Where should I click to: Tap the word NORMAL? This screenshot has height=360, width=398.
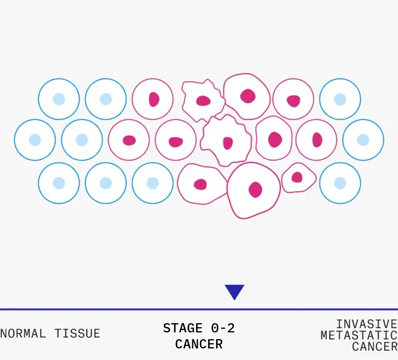coord(23,333)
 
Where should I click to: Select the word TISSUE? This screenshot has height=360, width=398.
coord(77,333)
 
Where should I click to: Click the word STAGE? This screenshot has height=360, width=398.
coord(183,328)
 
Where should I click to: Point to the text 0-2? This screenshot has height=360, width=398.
coord(223,328)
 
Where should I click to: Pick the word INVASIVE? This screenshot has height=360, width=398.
coord(366,324)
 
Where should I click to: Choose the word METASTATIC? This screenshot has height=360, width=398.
coord(359,335)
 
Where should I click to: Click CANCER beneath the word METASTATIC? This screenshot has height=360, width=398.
coord(374,346)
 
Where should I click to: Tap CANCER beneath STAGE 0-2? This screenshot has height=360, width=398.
coord(199,344)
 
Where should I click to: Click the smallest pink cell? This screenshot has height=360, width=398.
coord(299,178)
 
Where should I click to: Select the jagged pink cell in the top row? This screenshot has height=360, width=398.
coord(203,100)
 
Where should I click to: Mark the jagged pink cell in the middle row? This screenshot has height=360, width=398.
coord(227,140)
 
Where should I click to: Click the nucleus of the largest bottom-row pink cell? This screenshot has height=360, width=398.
coord(255,190)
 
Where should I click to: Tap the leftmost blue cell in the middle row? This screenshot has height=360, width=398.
coord(35,140)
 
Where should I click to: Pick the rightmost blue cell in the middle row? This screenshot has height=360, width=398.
coord(363,140)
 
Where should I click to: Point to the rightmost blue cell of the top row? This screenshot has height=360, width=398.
coord(340,99)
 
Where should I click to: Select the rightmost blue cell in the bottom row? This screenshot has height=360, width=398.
coord(340,183)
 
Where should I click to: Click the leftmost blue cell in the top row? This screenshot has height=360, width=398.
coord(59,99)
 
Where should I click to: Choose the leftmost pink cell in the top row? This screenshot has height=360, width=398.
coord(153,99)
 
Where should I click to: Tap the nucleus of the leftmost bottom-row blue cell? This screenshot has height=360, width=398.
coord(59,183)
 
